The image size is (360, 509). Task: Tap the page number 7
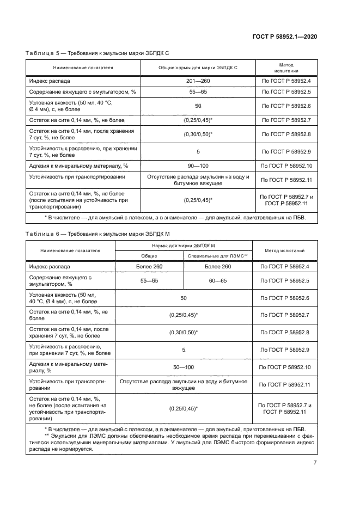click(x=315, y=463)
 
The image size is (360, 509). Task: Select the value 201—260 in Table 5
click(x=198, y=81)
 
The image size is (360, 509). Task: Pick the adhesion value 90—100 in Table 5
click(x=198, y=165)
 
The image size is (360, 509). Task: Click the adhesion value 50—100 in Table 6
click(x=184, y=367)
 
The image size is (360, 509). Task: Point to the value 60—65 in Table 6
click(x=218, y=280)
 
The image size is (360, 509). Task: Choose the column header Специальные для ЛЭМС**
click(x=218, y=256)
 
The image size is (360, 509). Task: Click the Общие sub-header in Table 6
click(x=149, y=256)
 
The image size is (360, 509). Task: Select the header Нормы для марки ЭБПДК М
click(x=184, y=246)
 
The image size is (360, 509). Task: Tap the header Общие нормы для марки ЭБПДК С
click(x=198, y=68)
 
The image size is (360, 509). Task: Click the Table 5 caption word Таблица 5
click(x=42, y=53)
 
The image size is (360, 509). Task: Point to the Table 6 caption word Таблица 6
click(x=42, y=233)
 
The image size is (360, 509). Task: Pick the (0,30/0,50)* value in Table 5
click(x=198, y=134)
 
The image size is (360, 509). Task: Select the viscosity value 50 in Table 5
click(x=198, y=106)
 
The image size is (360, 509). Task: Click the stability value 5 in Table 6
click(x=184, y=349)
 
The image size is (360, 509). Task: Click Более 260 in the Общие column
click(x=149, y=267)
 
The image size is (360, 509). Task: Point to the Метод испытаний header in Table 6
click(x=285, y=250)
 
